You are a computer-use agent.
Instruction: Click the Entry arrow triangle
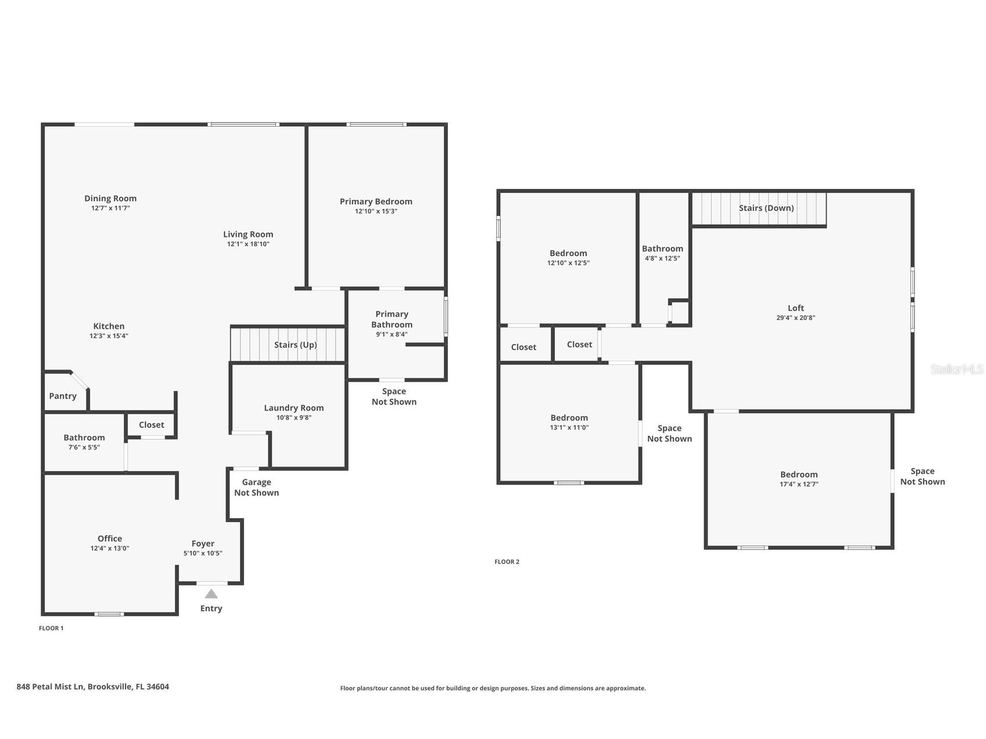(211, 594)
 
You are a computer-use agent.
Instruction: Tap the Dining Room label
(110, 199)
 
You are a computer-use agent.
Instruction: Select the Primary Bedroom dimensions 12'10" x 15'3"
(376, 211)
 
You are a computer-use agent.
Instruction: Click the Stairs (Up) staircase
(288, 345)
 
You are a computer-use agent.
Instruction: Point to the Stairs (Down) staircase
(759, 209)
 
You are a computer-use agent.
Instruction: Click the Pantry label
(63, 396)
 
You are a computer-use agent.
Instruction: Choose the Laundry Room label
(293, 408)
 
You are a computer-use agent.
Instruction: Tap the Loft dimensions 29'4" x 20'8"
(795, 318)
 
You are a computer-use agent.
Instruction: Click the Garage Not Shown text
(256, 487)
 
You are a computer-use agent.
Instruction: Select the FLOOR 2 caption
(507, 562)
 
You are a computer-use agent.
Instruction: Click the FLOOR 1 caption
(51, 628)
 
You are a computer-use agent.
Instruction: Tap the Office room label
(110, 539)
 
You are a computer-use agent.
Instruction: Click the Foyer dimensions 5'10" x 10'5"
(203, 554)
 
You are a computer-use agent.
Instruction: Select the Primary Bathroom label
(392, 320)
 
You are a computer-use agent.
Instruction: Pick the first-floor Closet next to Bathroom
(151, 425)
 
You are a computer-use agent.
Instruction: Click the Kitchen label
(109, 327)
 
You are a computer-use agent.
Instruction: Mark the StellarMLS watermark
(956, 369)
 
